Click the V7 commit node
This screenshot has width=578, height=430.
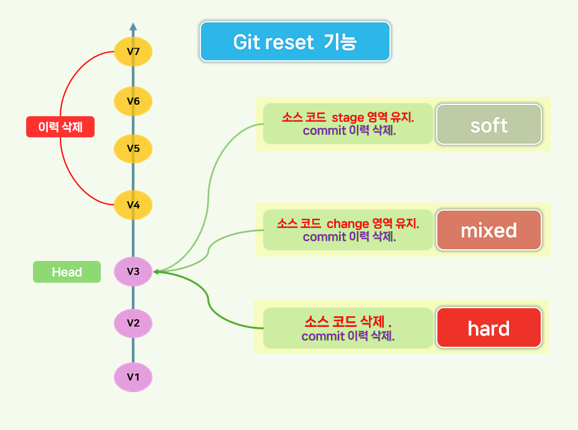133,52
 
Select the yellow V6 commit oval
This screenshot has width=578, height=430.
133,101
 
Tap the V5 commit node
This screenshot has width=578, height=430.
133,149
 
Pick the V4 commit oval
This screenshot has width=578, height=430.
133,204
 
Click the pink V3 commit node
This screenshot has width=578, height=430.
133,272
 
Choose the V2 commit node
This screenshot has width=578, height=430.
133,323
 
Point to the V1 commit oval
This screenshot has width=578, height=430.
133,377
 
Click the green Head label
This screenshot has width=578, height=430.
67,272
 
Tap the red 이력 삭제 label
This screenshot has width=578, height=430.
60,127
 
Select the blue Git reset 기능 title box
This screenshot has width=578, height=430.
294,42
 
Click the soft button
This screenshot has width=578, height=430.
488,125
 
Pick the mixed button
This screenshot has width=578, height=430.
488,231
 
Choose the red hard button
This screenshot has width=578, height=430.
488,328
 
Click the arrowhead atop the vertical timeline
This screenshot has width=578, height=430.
133,27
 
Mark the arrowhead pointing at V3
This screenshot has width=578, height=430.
157,271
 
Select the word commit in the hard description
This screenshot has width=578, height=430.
322,336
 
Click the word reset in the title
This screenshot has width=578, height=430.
295,42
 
